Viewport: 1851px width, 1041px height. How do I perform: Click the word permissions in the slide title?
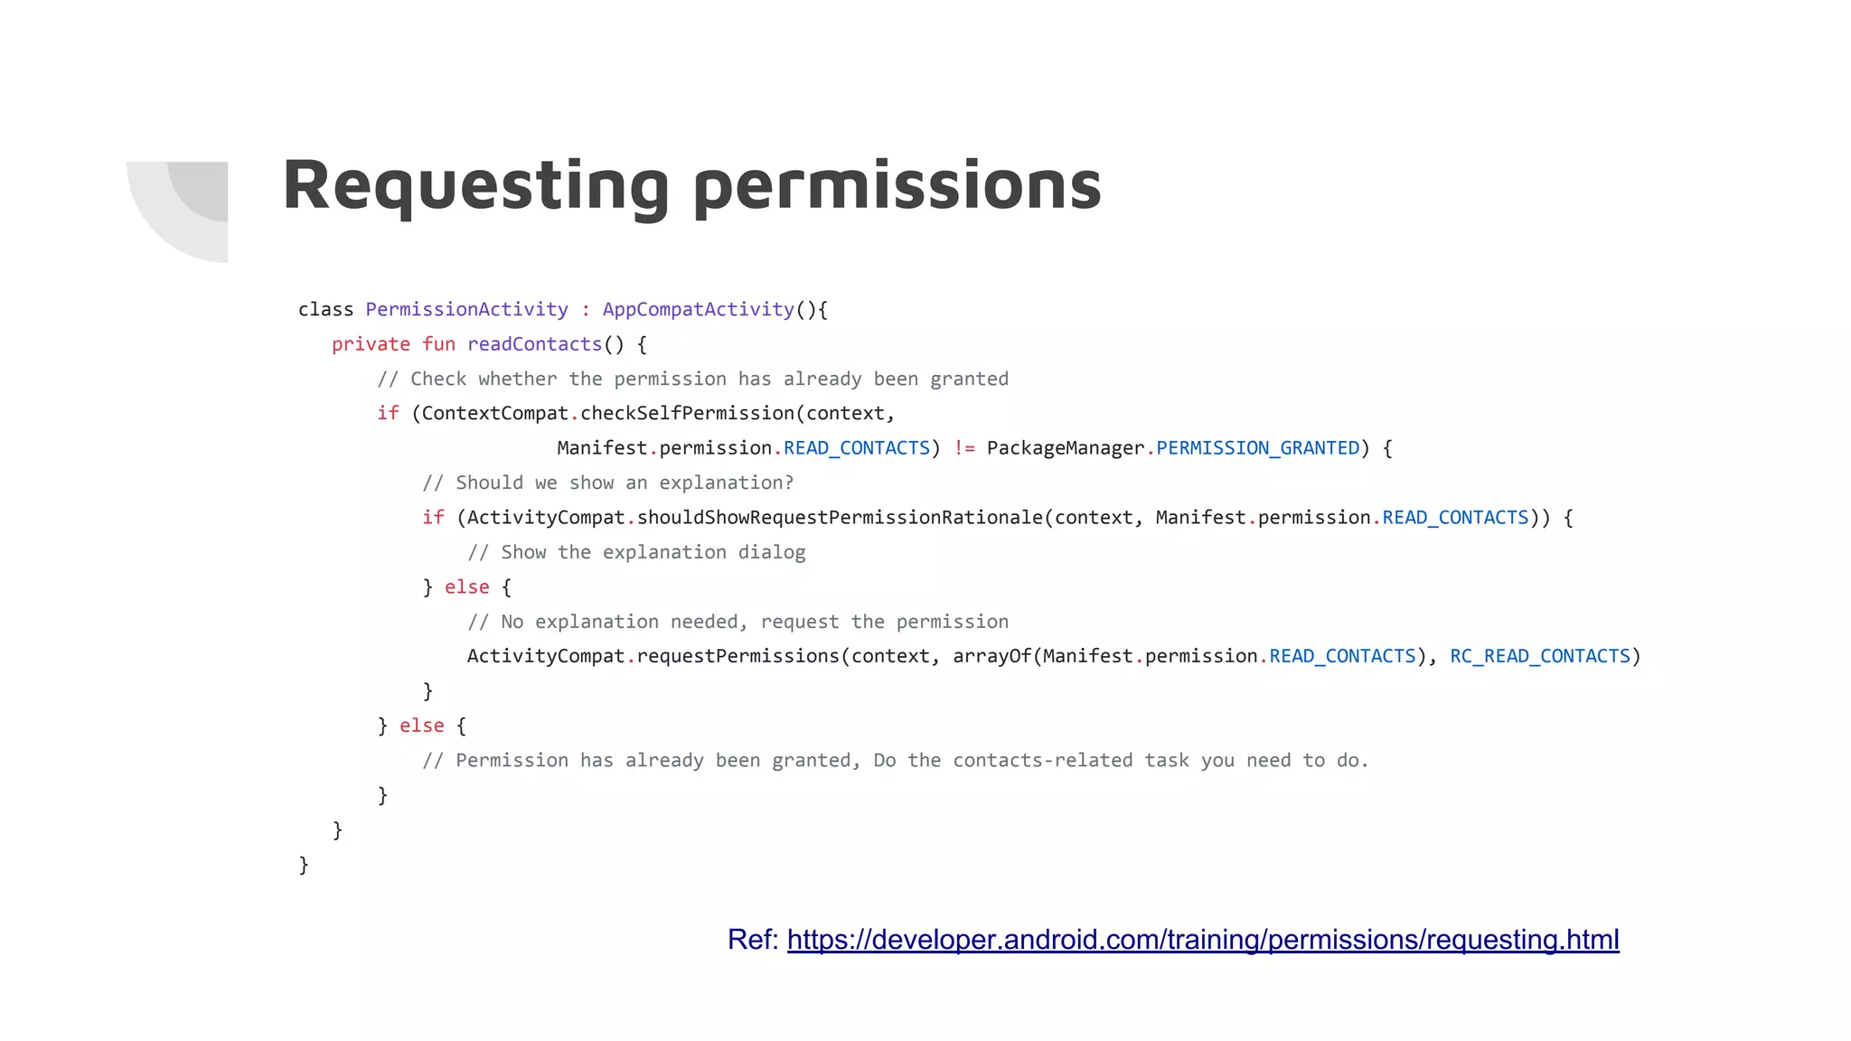tap(897, 186)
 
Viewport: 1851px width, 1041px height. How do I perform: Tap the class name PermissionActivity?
tap(466, 310)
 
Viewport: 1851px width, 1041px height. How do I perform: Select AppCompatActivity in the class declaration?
tap(698, 310)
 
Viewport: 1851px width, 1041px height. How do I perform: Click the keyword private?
tap(371, 344)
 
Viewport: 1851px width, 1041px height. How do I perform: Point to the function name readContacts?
tap(534, 344)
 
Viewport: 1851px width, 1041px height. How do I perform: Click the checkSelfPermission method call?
tap(687, 414)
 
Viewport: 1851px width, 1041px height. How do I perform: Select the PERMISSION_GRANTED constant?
tap(1257, 448)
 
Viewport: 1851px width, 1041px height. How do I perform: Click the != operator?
tap(963, 448)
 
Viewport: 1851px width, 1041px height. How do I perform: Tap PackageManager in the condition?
tap(1065, 448)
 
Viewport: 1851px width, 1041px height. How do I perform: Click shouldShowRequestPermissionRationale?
tap(840, 518)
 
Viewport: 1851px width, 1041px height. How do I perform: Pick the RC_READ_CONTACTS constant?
tap(1539, 656)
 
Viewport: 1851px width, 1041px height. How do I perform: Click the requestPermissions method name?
tap(738, 656)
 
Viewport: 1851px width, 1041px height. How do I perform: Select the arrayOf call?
tap(991, 656)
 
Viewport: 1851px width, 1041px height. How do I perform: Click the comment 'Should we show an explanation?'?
tap(607, 483)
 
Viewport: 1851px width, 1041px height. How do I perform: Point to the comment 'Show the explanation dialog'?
tap(636, 552)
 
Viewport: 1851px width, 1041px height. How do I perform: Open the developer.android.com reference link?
tap(1202, 940)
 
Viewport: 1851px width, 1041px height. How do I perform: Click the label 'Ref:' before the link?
tap(752, 940)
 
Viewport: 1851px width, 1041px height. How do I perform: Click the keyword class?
tap(325, 310)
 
